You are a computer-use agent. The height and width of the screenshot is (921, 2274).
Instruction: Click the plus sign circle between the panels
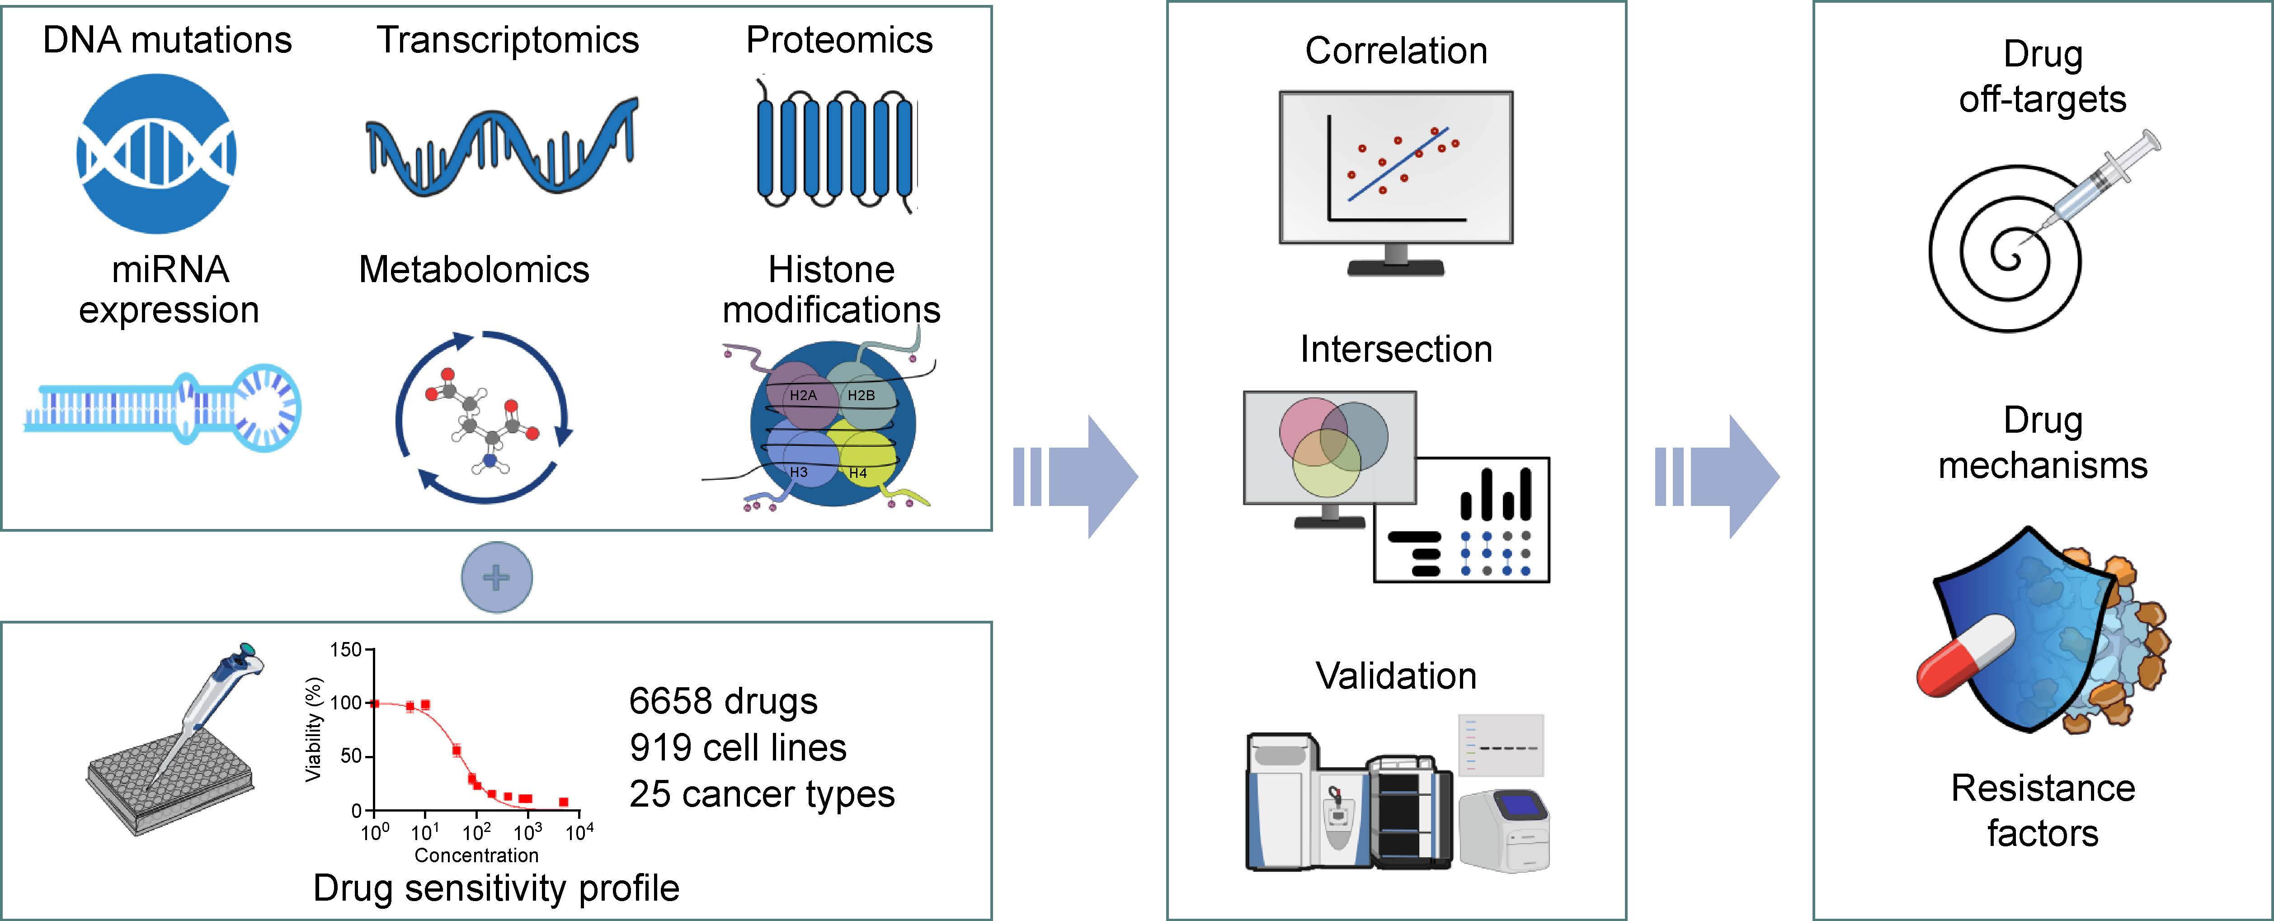coord(497,577)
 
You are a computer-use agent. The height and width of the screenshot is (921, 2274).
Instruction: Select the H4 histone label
coord(857,473)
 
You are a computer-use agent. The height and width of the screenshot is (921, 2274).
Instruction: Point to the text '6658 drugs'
coord(723,701)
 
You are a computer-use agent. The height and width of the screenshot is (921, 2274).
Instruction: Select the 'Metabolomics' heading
coord(474,269)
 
